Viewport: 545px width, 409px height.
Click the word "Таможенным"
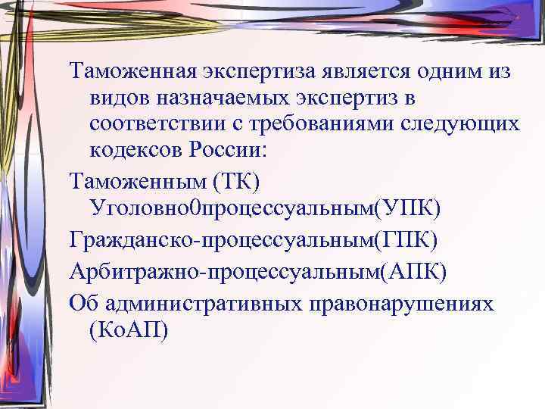(x=135, y=182)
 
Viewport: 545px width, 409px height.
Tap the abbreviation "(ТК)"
(x=238, y=182)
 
